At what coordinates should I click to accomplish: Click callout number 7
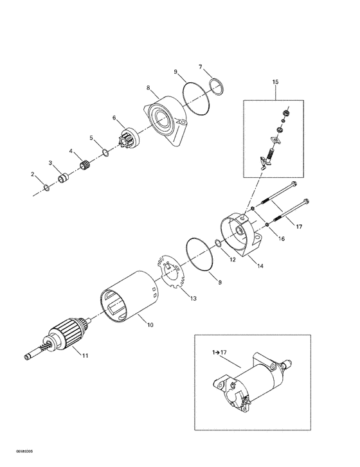tap(201, 67)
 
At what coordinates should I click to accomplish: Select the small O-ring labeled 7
tap(217, 85)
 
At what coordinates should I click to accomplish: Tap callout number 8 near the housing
tap(148, 87)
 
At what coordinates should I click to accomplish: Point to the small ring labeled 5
tap(105, 152)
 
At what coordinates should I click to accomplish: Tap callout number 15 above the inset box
tap(276, 83)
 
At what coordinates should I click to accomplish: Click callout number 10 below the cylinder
tap(150, 326)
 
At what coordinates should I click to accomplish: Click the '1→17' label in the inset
tap(214, 353)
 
